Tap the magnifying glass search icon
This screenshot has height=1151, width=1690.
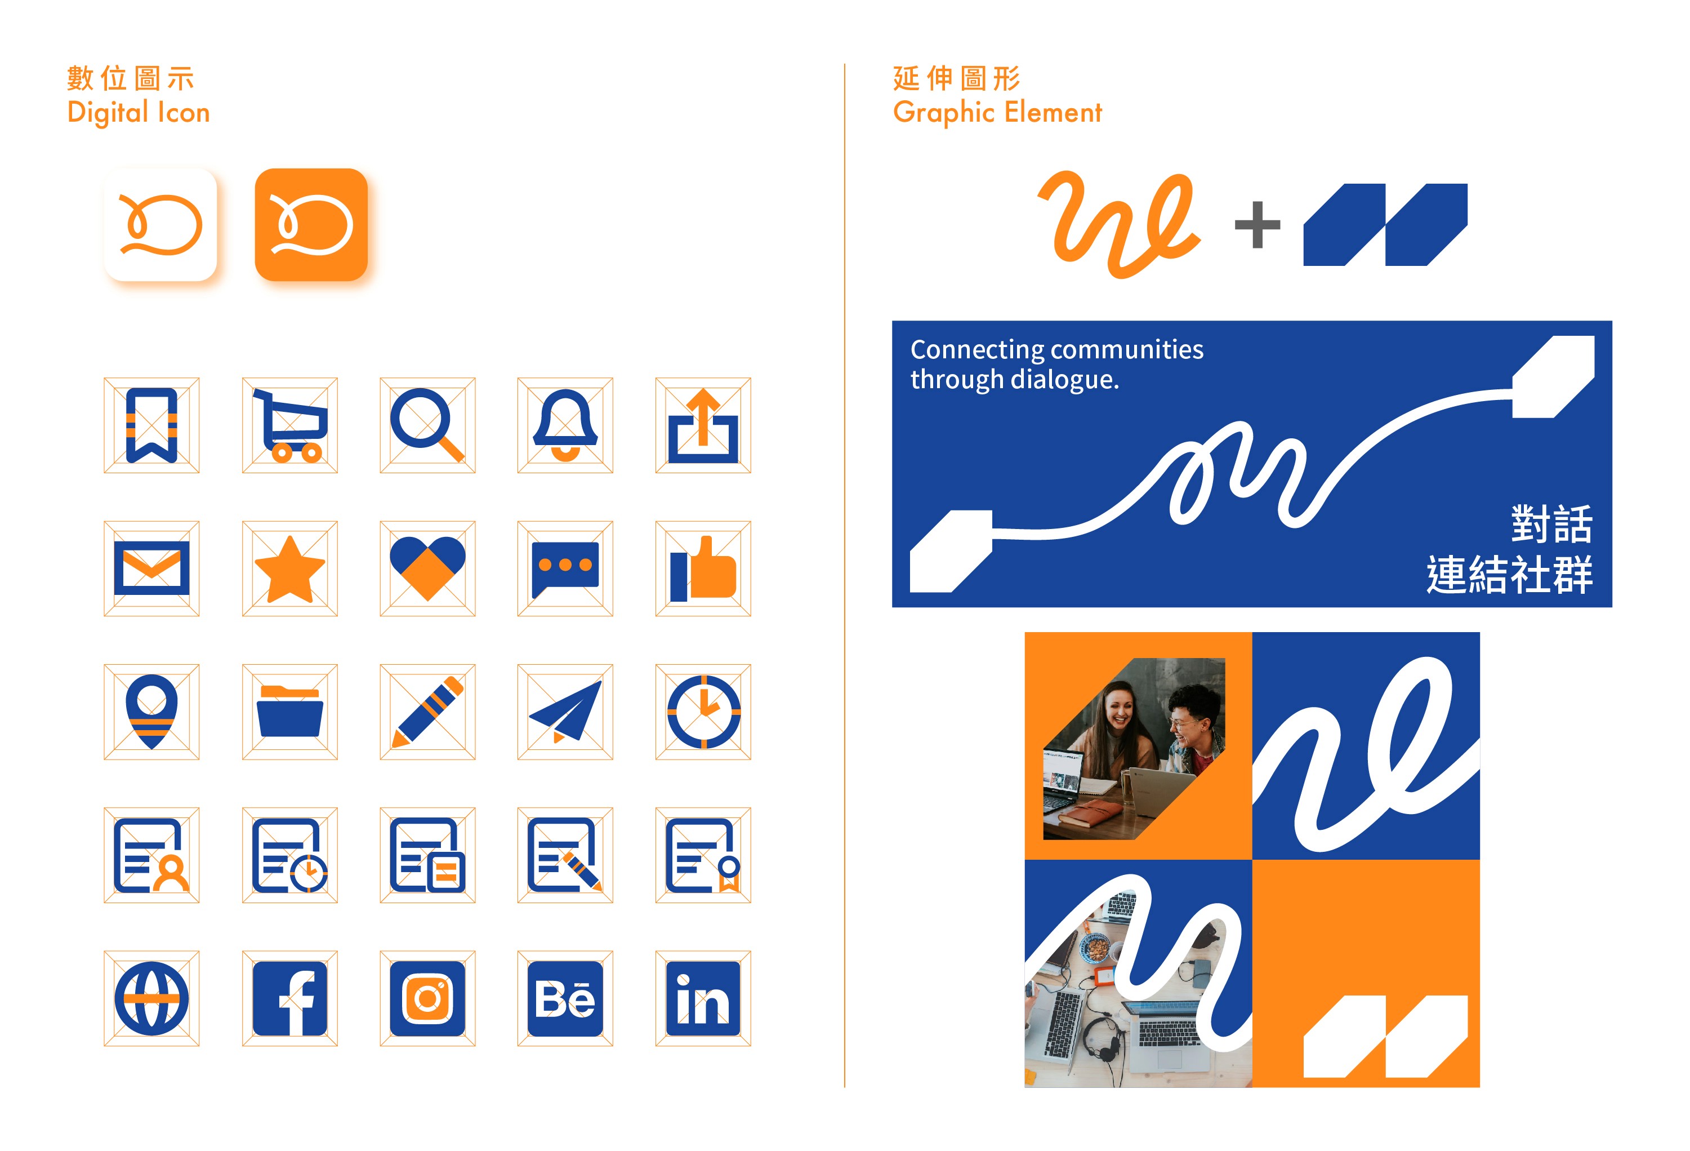click(427, 425)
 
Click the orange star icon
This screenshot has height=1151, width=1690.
click(289, 569)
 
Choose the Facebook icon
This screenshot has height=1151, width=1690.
click(289, 998)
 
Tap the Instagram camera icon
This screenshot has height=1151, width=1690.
click(427, 998)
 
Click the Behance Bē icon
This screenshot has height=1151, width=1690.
click(565, 998)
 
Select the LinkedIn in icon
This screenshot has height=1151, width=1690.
click(702, 998)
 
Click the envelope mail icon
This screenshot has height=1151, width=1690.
click(151, 568)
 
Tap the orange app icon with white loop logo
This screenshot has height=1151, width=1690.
click(311, 225)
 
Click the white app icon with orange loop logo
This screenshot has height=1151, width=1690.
click(160, 225)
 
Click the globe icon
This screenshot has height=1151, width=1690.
click(151, 998)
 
